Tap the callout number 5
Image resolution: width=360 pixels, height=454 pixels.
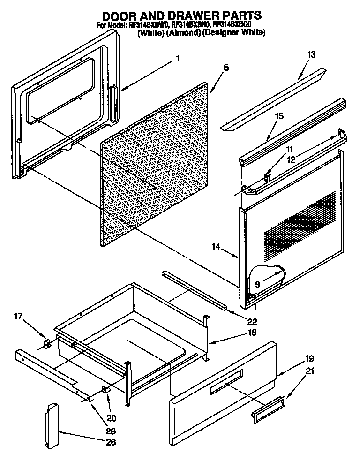[226, 68]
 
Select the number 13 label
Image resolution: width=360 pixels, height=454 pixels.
[311, 54]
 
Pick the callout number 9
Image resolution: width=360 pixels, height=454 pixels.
[257, 284]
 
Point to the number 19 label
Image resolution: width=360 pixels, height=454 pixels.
[309, 359]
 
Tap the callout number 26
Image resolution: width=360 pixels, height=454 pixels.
[111, 442]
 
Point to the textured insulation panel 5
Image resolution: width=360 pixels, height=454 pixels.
[155, 164]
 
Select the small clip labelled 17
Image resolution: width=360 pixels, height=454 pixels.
[46, 345]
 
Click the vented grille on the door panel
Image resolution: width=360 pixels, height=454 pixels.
[300, 225]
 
